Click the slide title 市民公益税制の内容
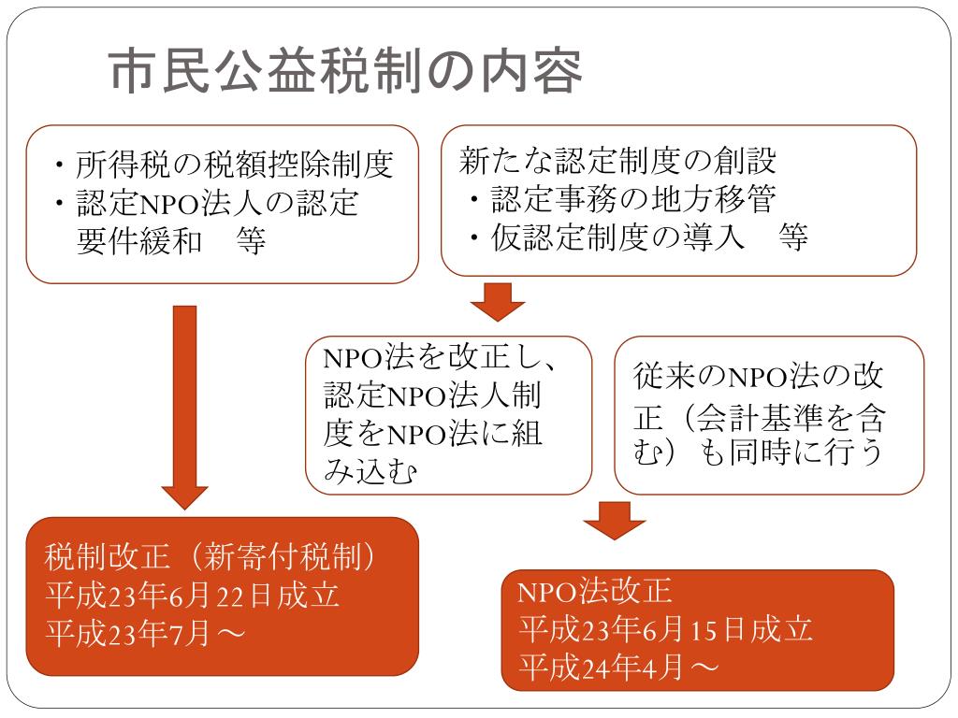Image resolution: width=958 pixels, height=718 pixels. click(345, 71)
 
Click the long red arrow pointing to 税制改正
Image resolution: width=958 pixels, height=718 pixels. click(184, 402)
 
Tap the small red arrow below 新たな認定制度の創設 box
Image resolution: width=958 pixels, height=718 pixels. click(497, 301)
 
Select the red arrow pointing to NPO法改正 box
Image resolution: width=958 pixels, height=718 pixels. click(614, 520)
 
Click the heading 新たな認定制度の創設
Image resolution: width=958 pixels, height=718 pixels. click(618, 161)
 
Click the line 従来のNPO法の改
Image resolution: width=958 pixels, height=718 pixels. click(758, 376)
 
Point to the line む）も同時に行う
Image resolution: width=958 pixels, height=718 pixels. click(758, 452)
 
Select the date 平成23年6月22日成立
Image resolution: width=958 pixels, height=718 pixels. click(192, 596)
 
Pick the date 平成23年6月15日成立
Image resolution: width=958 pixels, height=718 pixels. click(665, 629)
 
